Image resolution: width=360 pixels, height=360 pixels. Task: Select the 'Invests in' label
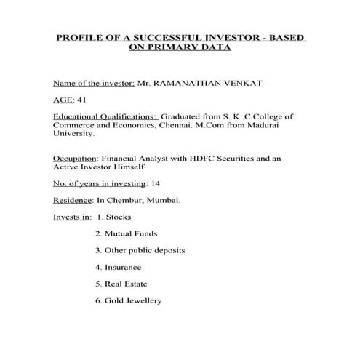71,217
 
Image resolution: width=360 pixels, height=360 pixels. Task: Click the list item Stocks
119,217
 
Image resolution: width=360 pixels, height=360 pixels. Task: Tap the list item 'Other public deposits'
145,250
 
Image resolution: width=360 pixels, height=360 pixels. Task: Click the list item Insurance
124,267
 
